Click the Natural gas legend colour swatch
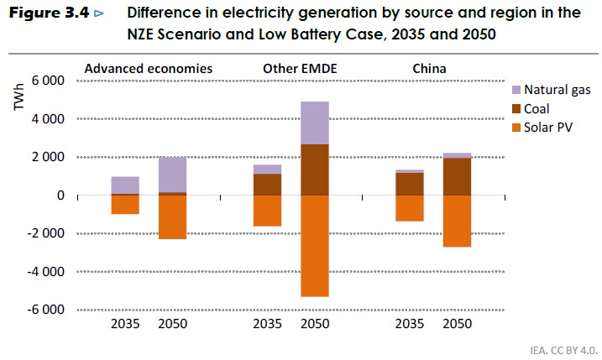[x=517, y=89]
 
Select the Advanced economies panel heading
[x=148, y=67]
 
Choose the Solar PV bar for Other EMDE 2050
[x=315, y=245]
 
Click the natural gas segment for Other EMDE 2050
[x=315, y=123]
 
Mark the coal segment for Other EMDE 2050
[x=315, y=170]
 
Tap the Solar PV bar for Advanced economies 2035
[x=125, y=204]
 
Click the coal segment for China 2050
[x=457, y=176]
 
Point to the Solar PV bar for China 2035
[x=410, y=208]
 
